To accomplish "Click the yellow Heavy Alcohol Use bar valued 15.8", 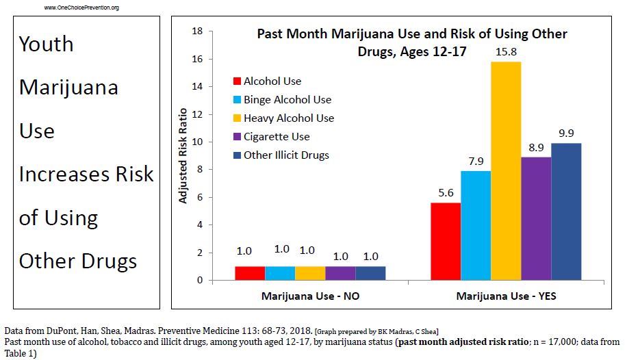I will [x=506, y=171].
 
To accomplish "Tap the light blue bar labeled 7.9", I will [x=476, y=225].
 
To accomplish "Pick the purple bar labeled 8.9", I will [x=536, y=218].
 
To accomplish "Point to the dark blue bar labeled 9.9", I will [x=566, y=211].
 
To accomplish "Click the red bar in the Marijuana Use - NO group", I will [x=250, y=273].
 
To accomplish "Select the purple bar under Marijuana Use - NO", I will [x=340, y=273].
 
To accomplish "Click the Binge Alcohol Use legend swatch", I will [x=237, y=100].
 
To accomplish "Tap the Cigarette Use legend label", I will [x=277, y=137].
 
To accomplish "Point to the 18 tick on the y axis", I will [x=198, y=31].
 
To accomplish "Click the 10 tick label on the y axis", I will [x=198, y=142].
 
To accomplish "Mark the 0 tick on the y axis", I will [x=200, y=281].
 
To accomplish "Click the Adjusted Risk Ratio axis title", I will [x=183, y=156].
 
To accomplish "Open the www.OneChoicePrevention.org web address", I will [x=81, y=8].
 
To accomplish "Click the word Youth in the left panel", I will [x=46, y=44].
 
